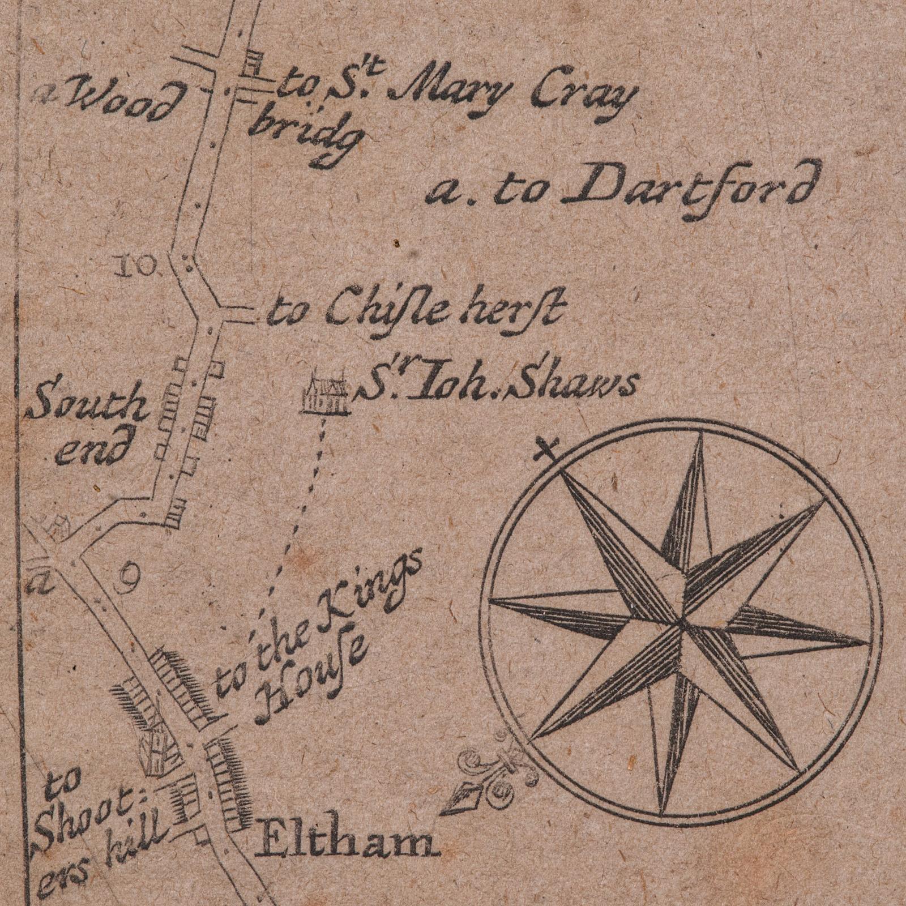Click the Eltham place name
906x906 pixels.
tap(347, 848)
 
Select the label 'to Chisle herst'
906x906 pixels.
tap(416, 311)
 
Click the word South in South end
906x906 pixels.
tap(85, 404)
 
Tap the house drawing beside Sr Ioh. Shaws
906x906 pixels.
tap(326, 394)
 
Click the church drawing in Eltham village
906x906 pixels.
tap(156, 747)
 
